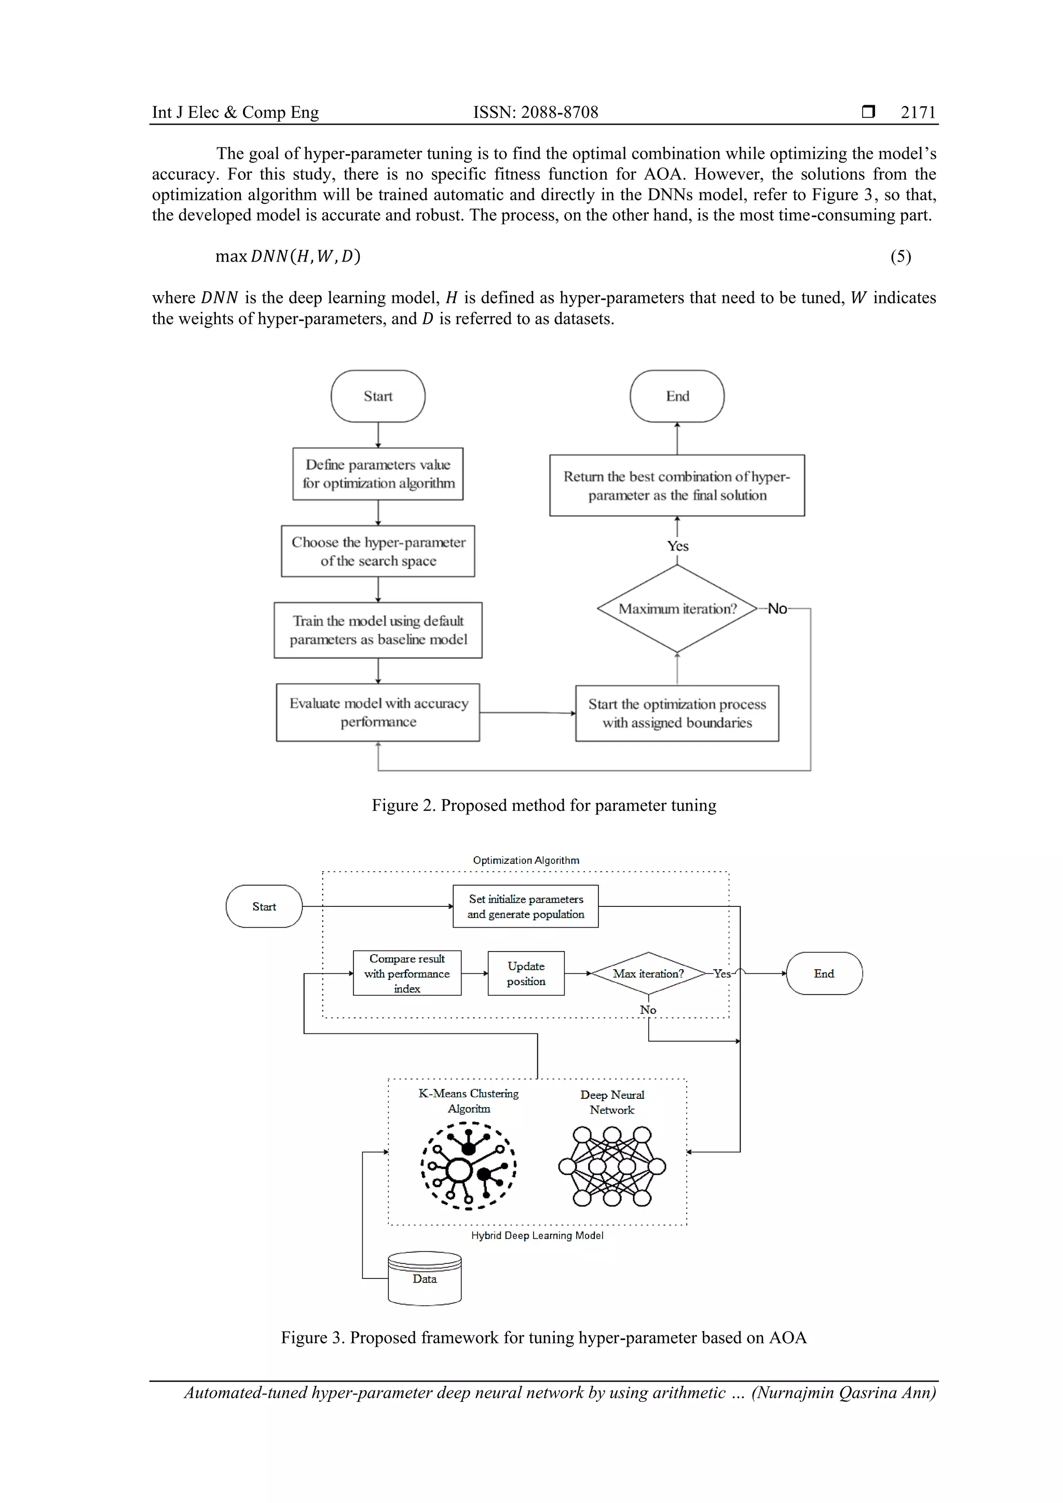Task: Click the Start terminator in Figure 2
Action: pyautogui.click(x=378, y=396)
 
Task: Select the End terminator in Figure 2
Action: pyautogui.click(x=677, y=396)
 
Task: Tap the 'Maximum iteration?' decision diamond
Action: pyautogui.click(x=677, y=609)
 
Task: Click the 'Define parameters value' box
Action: pyautogui.click(x=378, y=474)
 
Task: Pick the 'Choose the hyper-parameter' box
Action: pyautogui.click(x=378, y=551)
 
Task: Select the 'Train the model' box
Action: pyautogui.click(x=378, y=630)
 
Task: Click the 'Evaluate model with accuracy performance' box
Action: pyautogui.click(x=378, y=712)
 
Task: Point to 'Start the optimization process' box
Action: pyautogui.click(x=677, y=713)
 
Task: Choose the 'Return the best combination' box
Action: pyautogui.click(x=677, y=486)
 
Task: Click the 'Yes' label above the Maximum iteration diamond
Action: pyautogui.click(x=678, y=546)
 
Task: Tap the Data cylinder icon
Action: pyautogui.click(x=425, y=1278)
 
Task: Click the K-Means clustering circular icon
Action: pyautogui.click(x=468, y=1165)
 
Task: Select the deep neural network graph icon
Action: pyautogui.click(x=612, y=1166)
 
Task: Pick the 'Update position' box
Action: pyautogui.click(x=526, y=973)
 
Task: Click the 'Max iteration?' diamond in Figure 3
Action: pyautogui.click(x=648, y=973)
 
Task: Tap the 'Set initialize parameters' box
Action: pyautogui.click(x=525, y=907)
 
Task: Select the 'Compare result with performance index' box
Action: pyautogui.click(x=407, y=973)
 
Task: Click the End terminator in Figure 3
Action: pyautogui.click(x=824, y=973)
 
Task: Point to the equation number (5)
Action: pyautogui.click(x=901, y=257)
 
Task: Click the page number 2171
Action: pyautogui.click(x=918, y=113)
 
